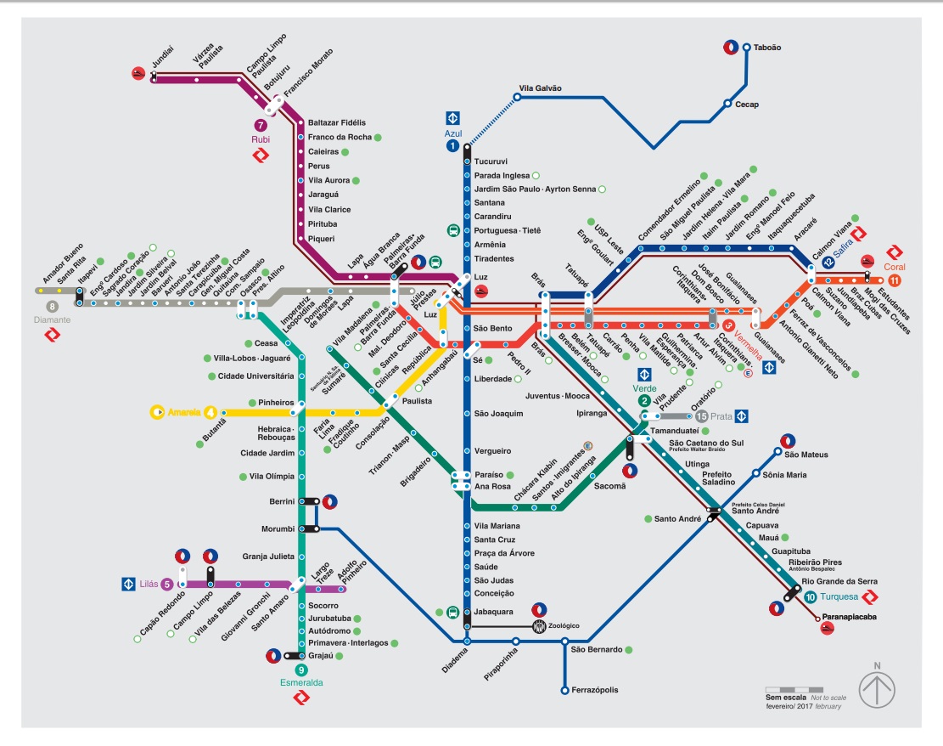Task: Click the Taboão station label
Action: (x=767, y=48)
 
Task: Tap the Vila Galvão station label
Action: (x=540, y=88)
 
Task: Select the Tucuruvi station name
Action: (x=491, y=161)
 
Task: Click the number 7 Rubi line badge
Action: (x=260, y=126)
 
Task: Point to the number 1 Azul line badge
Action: (x=452, y=146)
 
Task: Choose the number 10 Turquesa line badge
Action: (x=811, y=596)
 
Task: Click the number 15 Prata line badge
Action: (x=701, y=416)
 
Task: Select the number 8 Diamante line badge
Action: (x=53, y=307)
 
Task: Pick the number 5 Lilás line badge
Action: (x=167, y=584)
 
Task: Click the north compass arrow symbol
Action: (x=878, y=688)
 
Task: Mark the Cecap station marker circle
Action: (x=727, y=104)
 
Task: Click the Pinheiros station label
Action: (x=270, y=402)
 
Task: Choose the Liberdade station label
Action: (x=493, y=379)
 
